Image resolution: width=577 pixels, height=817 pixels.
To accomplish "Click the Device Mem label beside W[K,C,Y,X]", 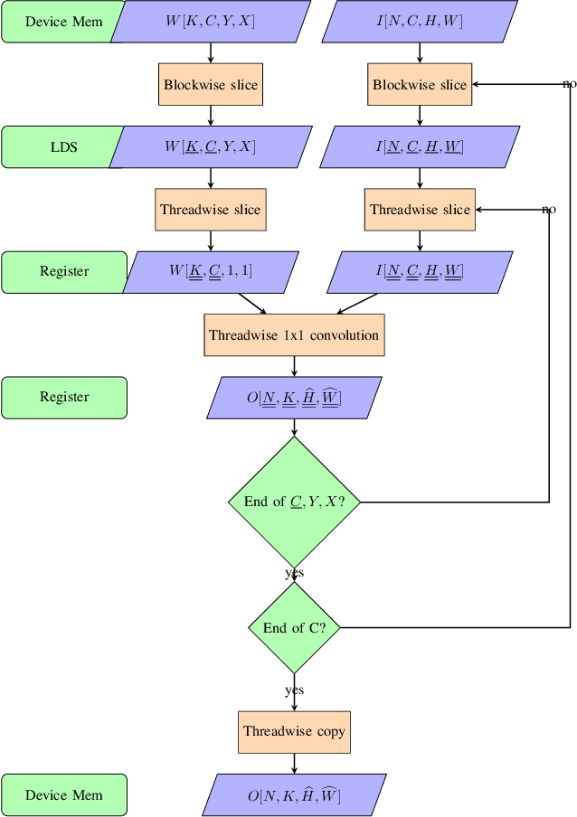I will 63,22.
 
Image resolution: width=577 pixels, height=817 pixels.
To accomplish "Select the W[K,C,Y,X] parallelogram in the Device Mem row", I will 210,22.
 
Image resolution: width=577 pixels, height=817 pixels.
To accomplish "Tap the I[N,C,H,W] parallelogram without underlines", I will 420,22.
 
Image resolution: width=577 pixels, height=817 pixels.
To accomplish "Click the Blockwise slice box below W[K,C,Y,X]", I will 211,85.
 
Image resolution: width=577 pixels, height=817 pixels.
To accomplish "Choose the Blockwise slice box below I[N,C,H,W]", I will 420,85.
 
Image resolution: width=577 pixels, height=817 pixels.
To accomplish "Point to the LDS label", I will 63,146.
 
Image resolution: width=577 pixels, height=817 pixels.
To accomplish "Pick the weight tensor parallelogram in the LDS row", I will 210,146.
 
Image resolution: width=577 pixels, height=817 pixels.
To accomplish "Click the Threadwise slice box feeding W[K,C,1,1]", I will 211,210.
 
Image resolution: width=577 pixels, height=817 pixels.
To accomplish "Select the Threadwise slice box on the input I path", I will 420,210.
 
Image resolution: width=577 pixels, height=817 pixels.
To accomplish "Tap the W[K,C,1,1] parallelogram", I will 210,272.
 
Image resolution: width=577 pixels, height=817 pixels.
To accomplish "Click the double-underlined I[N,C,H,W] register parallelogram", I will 420,272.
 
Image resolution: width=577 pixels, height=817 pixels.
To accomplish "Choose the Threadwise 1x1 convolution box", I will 294,335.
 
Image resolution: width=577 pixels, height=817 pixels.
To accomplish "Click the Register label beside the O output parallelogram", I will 64,398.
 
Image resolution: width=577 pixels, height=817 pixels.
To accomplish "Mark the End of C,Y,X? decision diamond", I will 294,502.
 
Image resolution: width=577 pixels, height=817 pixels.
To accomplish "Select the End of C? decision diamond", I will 294,628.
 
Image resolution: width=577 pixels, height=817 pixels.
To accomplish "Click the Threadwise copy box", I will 294,731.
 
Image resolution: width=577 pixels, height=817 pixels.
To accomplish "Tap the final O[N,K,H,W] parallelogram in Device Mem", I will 294,795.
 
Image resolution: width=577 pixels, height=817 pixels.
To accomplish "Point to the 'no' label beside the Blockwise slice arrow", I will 569,84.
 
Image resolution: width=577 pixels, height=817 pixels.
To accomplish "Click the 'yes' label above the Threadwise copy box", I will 294,690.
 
